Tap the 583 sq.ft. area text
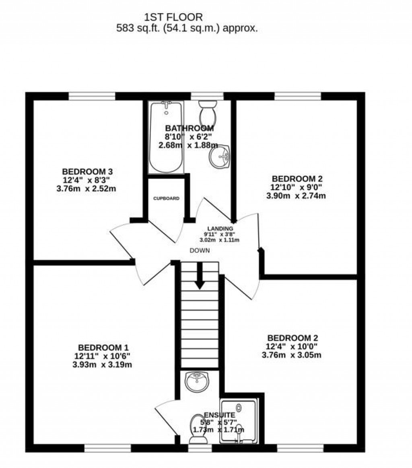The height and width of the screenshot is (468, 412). (187, 28)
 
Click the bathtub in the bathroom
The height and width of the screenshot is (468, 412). (166, 137)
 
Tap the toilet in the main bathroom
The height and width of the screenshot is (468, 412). (208, 112)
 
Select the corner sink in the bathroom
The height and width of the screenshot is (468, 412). (219, 157)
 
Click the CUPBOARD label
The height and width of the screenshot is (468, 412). (166, 199)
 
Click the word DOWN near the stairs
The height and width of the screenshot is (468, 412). (200, 250)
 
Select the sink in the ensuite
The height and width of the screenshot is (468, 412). (198, 381)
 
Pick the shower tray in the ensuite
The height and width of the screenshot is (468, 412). (238, 421)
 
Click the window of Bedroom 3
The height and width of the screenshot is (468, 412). (92, 96)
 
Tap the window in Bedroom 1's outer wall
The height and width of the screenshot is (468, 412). (107, 448)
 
